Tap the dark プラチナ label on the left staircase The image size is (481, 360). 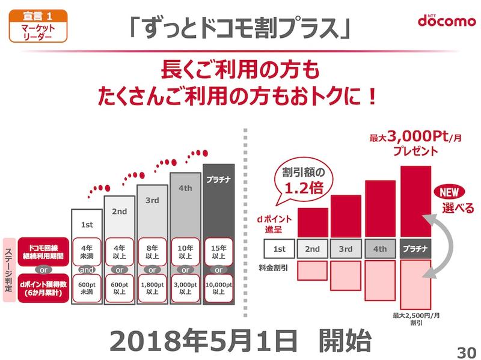coord(218,178)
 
